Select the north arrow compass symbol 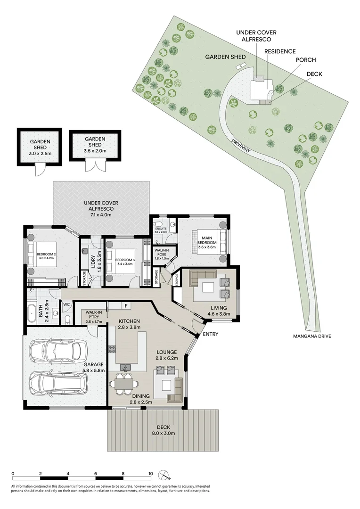[164, 474]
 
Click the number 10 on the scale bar [150, 474]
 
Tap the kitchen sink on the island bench [125, 367]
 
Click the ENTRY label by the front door [210, 334]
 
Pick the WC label [66, 304]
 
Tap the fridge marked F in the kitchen [127, 305]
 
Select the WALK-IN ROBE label [162, 254]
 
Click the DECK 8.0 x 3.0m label [164, 430]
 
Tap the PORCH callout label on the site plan [305, 60]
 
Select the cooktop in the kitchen [112, 350]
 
